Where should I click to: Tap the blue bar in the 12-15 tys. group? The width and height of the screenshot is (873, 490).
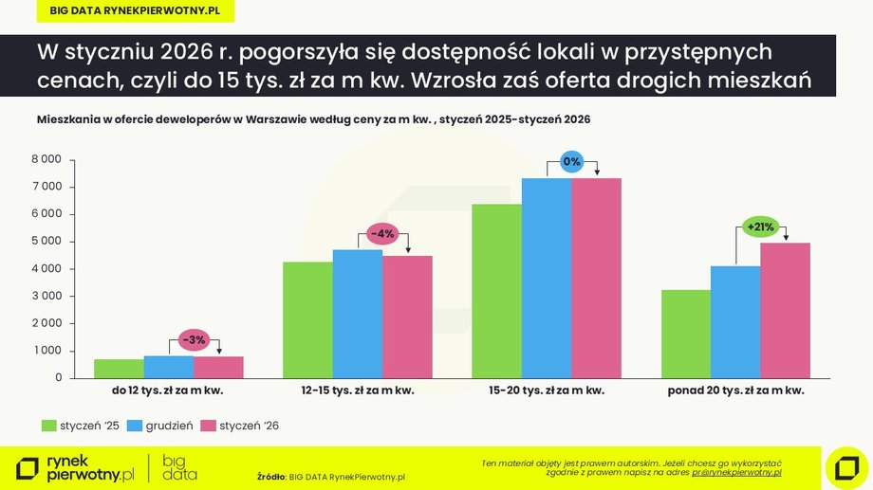click(x=357, y=314)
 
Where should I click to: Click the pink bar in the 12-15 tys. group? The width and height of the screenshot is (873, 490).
click(x=407, y=317)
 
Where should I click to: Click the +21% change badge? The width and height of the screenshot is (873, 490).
click(x=761, y=227)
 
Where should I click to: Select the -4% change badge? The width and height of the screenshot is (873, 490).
click(x=381, y=234)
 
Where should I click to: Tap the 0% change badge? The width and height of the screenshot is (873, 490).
click(x=571, y=162)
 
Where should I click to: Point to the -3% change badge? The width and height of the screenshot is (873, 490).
click(x=194, y=340)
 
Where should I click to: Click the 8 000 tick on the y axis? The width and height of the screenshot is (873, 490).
click(x=46, y=159)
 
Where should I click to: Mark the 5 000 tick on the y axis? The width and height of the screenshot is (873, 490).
click(x=46, y=242)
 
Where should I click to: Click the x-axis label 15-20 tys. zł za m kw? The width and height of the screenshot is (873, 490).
click(x=547, y=390)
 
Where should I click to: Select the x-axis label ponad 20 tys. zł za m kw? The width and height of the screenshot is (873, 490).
click(x=735, y=390)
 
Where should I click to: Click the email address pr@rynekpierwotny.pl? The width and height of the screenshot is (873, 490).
click(x=736, y=471)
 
